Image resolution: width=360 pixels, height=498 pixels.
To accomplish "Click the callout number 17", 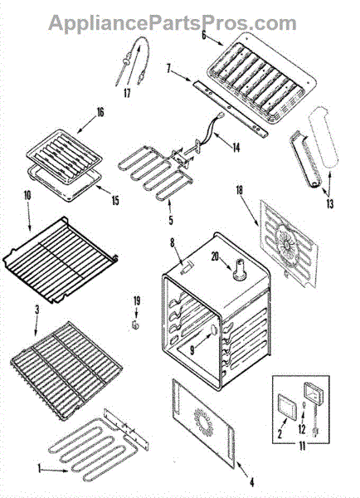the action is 127,93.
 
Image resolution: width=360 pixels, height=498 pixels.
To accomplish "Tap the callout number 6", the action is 204,35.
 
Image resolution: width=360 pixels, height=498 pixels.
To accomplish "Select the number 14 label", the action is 236,148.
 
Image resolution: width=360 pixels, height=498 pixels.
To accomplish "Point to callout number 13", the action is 330,203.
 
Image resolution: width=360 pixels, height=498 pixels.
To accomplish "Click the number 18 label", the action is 239,190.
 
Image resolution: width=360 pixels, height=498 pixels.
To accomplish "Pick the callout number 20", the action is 216,256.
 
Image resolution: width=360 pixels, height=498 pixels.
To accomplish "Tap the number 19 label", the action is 137,300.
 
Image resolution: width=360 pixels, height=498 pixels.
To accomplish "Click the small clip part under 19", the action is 136,325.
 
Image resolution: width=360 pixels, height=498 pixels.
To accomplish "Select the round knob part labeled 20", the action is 240,270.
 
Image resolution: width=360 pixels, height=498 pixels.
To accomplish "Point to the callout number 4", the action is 251,483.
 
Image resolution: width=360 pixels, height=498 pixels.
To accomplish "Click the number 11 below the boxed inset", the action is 302,447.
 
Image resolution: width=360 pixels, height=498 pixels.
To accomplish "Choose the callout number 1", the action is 39,468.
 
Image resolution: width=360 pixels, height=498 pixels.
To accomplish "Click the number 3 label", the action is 37,310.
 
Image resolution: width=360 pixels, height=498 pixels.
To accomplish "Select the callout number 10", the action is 27,195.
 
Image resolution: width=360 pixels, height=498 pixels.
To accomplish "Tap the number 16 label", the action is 100,112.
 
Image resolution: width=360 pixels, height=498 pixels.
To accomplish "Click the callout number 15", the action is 115,200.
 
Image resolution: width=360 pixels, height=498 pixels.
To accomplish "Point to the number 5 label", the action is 171,220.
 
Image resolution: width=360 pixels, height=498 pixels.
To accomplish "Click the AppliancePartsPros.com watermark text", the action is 173,23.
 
